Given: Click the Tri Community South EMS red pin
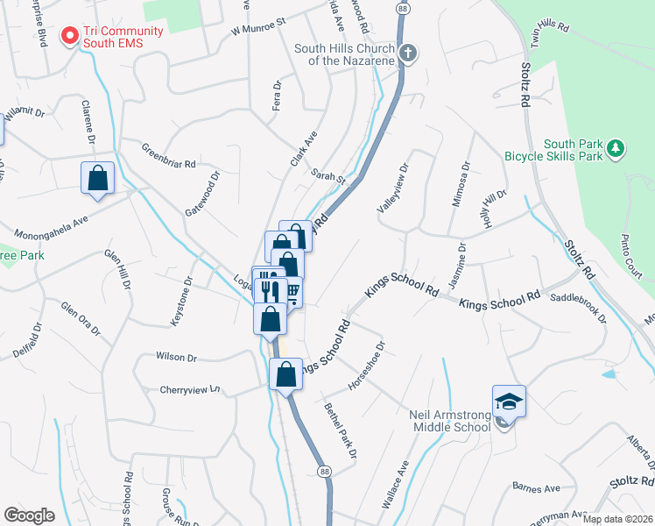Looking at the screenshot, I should pos(69,36).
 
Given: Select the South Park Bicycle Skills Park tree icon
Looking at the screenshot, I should pos(616,149).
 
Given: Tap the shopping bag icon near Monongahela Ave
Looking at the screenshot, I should pos(98,178).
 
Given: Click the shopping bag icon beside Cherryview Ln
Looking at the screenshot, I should pos(285,374).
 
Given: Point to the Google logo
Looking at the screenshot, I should pos(29,515).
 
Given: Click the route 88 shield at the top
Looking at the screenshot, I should pos(402,8).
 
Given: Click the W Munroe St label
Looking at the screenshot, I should pos(258,25).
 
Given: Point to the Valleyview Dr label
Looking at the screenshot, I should pos(392,186).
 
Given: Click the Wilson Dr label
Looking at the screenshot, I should pos(176,357).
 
